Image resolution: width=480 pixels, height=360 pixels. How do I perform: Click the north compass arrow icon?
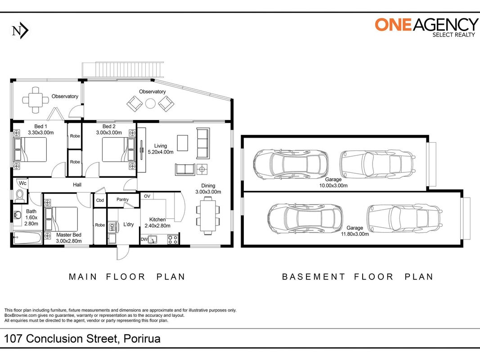[20, 31]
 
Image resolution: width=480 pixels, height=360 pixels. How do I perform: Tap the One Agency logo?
[426, 27]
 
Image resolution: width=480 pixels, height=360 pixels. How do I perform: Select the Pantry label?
[122, 200]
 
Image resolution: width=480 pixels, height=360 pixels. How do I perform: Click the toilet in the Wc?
[20, 195]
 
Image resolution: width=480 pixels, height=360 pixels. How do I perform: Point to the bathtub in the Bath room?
[27, 238]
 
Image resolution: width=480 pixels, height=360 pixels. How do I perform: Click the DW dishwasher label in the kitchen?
[144, 239]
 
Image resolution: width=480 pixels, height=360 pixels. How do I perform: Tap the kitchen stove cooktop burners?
[173, 239]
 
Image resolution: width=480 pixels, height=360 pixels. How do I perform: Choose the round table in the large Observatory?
[150, 103]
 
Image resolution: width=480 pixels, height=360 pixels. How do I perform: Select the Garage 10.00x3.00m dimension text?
[333, 185]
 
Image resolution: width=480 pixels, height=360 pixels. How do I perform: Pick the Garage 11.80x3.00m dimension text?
[355, 234]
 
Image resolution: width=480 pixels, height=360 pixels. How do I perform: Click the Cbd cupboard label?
[100, 201]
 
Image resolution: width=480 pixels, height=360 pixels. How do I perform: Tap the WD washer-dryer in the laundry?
[112, 227]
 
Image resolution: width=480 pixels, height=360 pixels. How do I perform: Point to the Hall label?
[77, 184]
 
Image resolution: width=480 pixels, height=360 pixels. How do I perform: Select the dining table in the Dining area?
[208, 216]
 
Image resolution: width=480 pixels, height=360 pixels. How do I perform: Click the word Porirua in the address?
[142, 339]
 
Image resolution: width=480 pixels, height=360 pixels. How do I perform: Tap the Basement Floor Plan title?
[358, 277]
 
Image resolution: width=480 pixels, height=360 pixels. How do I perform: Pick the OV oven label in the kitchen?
[147, 196]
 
